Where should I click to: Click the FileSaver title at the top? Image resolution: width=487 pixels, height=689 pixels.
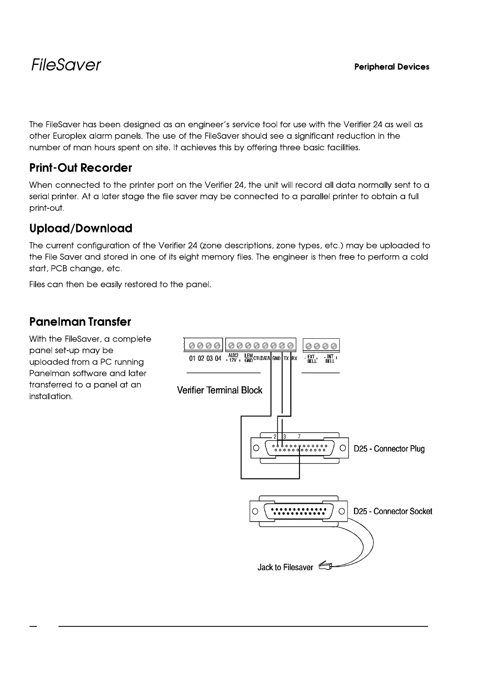pos(65,65)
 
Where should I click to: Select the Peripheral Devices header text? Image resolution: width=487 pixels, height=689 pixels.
pos(392,67)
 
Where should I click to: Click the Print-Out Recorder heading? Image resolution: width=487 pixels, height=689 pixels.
pos(81,168)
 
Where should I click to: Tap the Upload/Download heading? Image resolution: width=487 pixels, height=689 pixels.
pos(81,228)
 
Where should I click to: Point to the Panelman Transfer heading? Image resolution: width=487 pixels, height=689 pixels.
pos(80,322)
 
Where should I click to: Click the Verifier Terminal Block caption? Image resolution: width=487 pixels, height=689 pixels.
pos(219,390)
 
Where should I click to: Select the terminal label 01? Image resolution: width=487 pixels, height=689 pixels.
pos(192,358)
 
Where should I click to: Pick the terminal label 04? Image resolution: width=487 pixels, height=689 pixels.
pos(218,358)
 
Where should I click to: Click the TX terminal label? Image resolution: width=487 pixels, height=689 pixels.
pos(286,358)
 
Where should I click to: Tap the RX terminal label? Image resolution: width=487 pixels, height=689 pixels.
pos(294,358)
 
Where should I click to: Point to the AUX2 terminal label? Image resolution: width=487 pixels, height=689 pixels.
pos(233,356)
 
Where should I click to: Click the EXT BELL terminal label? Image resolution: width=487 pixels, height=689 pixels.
pos(312,359)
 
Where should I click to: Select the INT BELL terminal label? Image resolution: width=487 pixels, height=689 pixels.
pos(330,359)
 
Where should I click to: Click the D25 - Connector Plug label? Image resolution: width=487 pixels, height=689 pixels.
pos(389,449)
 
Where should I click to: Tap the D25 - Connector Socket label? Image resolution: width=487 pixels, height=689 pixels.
pos(393,511)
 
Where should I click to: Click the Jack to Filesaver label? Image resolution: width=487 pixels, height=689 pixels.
pos(285,567)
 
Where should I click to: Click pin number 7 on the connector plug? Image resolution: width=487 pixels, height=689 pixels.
pos(300,437)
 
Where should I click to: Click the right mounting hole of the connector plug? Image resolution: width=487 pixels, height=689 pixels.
pos(344,448)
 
